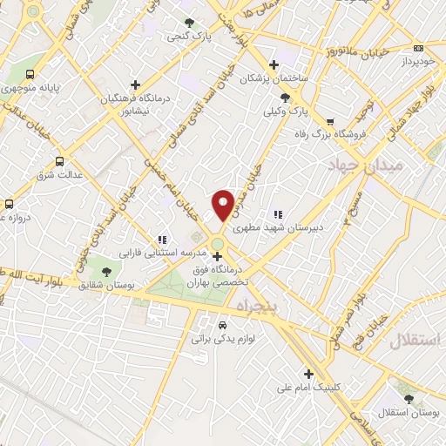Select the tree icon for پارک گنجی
190,23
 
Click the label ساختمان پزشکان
276,78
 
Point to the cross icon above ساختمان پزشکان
274,64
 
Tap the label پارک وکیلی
287,111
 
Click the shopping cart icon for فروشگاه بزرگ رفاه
329,121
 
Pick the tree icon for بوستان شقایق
106,271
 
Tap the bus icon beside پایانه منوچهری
31,75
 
